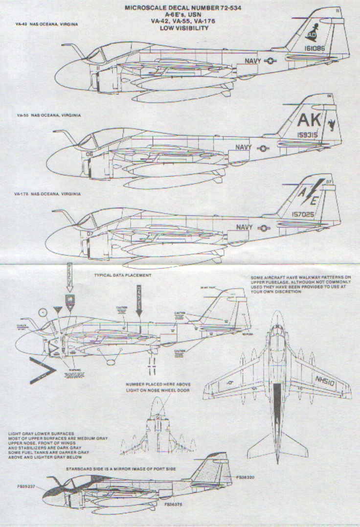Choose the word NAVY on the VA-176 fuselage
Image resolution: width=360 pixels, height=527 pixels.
(x=245, y=227)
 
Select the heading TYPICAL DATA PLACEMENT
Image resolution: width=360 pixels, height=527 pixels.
(x=122, y=275)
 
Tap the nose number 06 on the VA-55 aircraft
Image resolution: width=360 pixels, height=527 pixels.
(x=90, y=153)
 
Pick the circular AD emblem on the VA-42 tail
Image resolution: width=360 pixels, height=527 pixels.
(x=312, y=36)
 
